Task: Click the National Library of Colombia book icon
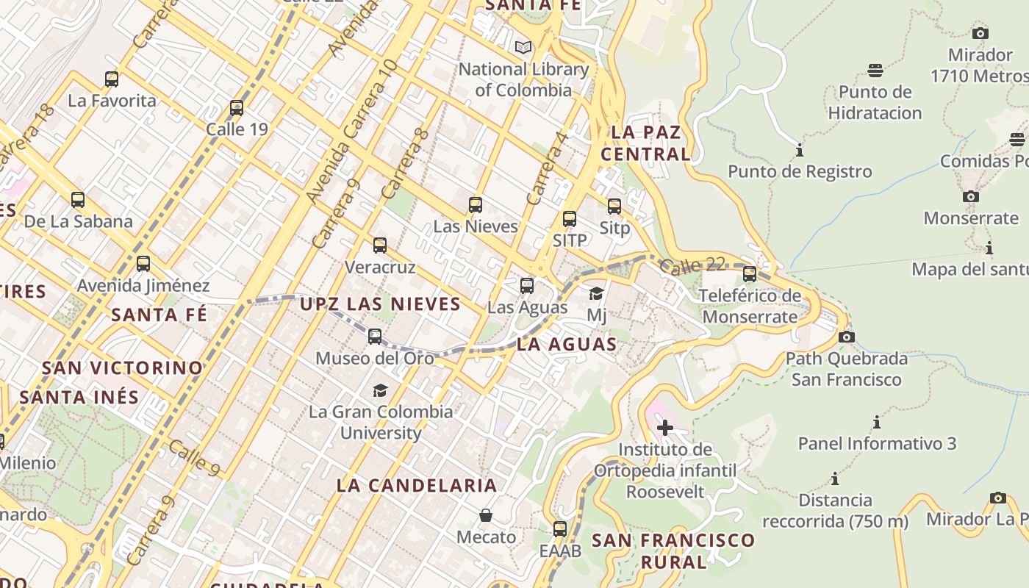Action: coord(523,48)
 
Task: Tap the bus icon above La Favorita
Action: coord(112,79)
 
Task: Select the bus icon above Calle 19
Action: coord(237,108)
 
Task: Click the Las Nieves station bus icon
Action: coord(476,205)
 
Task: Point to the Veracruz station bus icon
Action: coord(380,245)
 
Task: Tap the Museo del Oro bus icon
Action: coord(375,337)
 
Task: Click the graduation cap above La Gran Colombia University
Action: coord(380,390)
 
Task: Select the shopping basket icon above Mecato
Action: coord(485,515)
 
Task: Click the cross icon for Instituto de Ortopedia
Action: coord(665,427)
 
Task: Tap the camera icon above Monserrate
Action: coord(971,196)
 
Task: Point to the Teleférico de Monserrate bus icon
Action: coord(750,274)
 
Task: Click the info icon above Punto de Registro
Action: coord(800,151)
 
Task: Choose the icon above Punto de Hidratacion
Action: coord(875,71)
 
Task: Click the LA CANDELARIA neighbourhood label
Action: coord(417,485)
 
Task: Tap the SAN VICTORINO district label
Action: coord(122,367)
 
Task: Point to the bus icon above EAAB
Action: coord(560,528)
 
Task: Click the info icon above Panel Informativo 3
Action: coord(877,423)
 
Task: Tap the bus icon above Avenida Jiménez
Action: coord(143,263)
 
